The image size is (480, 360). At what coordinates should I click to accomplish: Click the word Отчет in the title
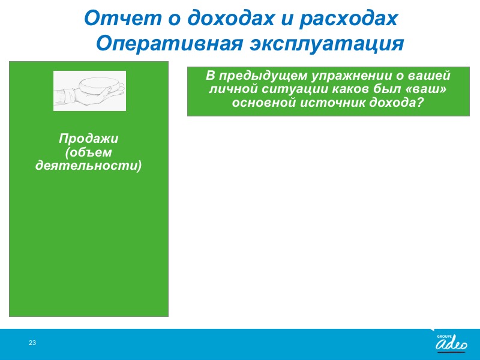[x=123, y=18]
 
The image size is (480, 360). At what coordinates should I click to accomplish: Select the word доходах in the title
[x=230, y=19]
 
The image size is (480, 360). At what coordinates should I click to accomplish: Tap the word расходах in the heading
[x=349, y=19]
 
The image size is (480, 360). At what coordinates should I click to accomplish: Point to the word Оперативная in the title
[x=170, y=43]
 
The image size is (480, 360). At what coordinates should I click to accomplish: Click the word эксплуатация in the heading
[x=327, y=44]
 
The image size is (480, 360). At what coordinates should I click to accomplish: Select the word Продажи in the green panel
[x=88, y=139]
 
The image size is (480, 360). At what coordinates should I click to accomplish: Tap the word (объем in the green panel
[x=88, y=152]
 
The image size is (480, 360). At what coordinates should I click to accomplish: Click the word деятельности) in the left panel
[x=88, y=166]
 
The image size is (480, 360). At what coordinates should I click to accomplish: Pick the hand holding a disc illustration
[x=89, y=91]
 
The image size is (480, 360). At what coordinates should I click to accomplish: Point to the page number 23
[x=32, y=343]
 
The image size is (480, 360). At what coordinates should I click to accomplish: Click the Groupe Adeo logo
[x=451, y=343]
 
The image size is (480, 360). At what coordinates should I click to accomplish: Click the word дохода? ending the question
[x=396, y=103]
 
